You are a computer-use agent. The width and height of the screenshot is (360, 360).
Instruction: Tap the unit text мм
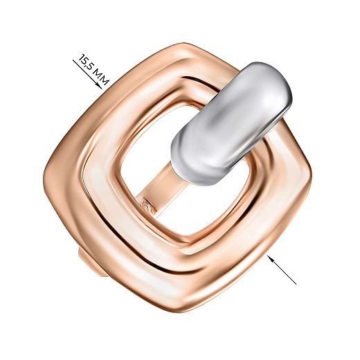point(101,78)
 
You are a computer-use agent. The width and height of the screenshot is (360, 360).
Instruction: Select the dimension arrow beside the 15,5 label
point(87,74)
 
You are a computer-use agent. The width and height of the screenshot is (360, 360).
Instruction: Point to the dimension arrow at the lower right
point(282,270)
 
